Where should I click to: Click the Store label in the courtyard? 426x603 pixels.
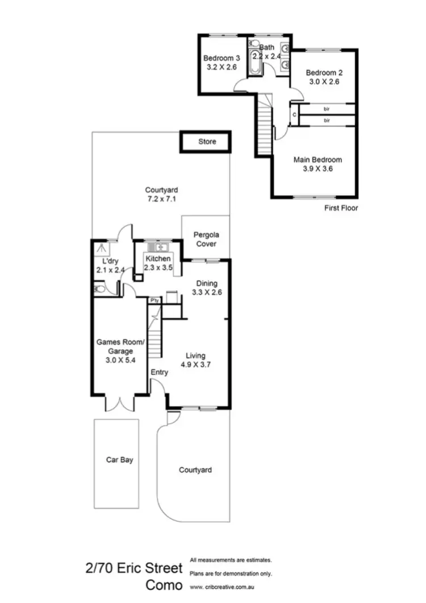tap(207, 142)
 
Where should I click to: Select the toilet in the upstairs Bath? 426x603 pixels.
tap(283, 67)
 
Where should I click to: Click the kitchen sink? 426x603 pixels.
tap(155, 247)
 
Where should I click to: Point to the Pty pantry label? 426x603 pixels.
tap(154, 300)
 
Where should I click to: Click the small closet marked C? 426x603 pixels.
tap(294, 115)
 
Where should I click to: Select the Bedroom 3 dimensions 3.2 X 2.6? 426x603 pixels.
tap(222, 67)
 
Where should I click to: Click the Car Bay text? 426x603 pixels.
tap(120, 460)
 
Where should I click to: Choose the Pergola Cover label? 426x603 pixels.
tap(206, 239)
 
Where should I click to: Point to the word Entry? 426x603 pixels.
tap(159, 372)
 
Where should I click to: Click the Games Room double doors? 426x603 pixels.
tap(120, 403)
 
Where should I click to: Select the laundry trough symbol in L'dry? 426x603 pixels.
tap(102, 248)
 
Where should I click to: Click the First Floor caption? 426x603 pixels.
tap(341, 208)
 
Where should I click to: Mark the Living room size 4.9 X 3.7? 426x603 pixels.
tap(195, 365)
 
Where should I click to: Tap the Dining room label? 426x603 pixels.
tap(206, 283)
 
